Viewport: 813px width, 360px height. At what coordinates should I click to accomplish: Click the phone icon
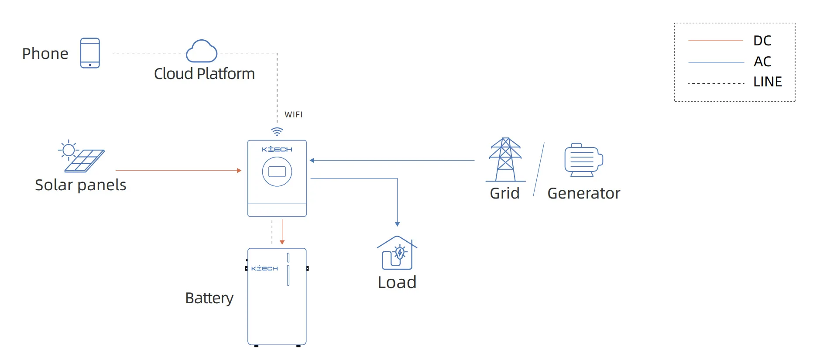(x=90, y=53)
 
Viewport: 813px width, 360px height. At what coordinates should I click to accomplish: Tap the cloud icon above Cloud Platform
(x=202, y=51)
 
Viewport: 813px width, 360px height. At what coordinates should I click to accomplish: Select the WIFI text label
(x=293, y=115)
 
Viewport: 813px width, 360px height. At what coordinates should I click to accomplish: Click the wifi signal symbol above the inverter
(x=277, y=131)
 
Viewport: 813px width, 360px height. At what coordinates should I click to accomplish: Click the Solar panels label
(x=81, y=185)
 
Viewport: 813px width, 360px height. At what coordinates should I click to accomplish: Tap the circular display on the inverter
(x=277, y=171)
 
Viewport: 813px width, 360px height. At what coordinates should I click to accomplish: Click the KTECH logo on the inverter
(x=277, y=149)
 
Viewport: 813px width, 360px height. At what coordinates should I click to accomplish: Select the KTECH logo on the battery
(x=264, y=268)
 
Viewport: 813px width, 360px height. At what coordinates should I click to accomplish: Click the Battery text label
(x=209, y=298)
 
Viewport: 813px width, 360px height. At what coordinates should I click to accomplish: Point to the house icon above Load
(x=397, y=253)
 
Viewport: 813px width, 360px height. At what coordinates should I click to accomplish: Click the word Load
(x=397, y=282)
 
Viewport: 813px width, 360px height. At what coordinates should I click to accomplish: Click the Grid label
(x=504, y=193)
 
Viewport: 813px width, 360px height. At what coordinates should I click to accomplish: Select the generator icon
(x=583, y=160)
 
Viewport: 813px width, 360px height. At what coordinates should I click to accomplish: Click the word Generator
(x=583, y=193)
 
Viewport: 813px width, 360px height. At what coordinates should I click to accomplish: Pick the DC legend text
(x=762, y=41)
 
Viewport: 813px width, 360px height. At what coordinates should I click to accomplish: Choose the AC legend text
(x=762, y=62)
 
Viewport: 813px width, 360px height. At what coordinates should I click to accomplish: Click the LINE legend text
(x=767, y=82)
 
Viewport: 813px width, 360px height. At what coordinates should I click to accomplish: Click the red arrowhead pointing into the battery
(x=282, y=242)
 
